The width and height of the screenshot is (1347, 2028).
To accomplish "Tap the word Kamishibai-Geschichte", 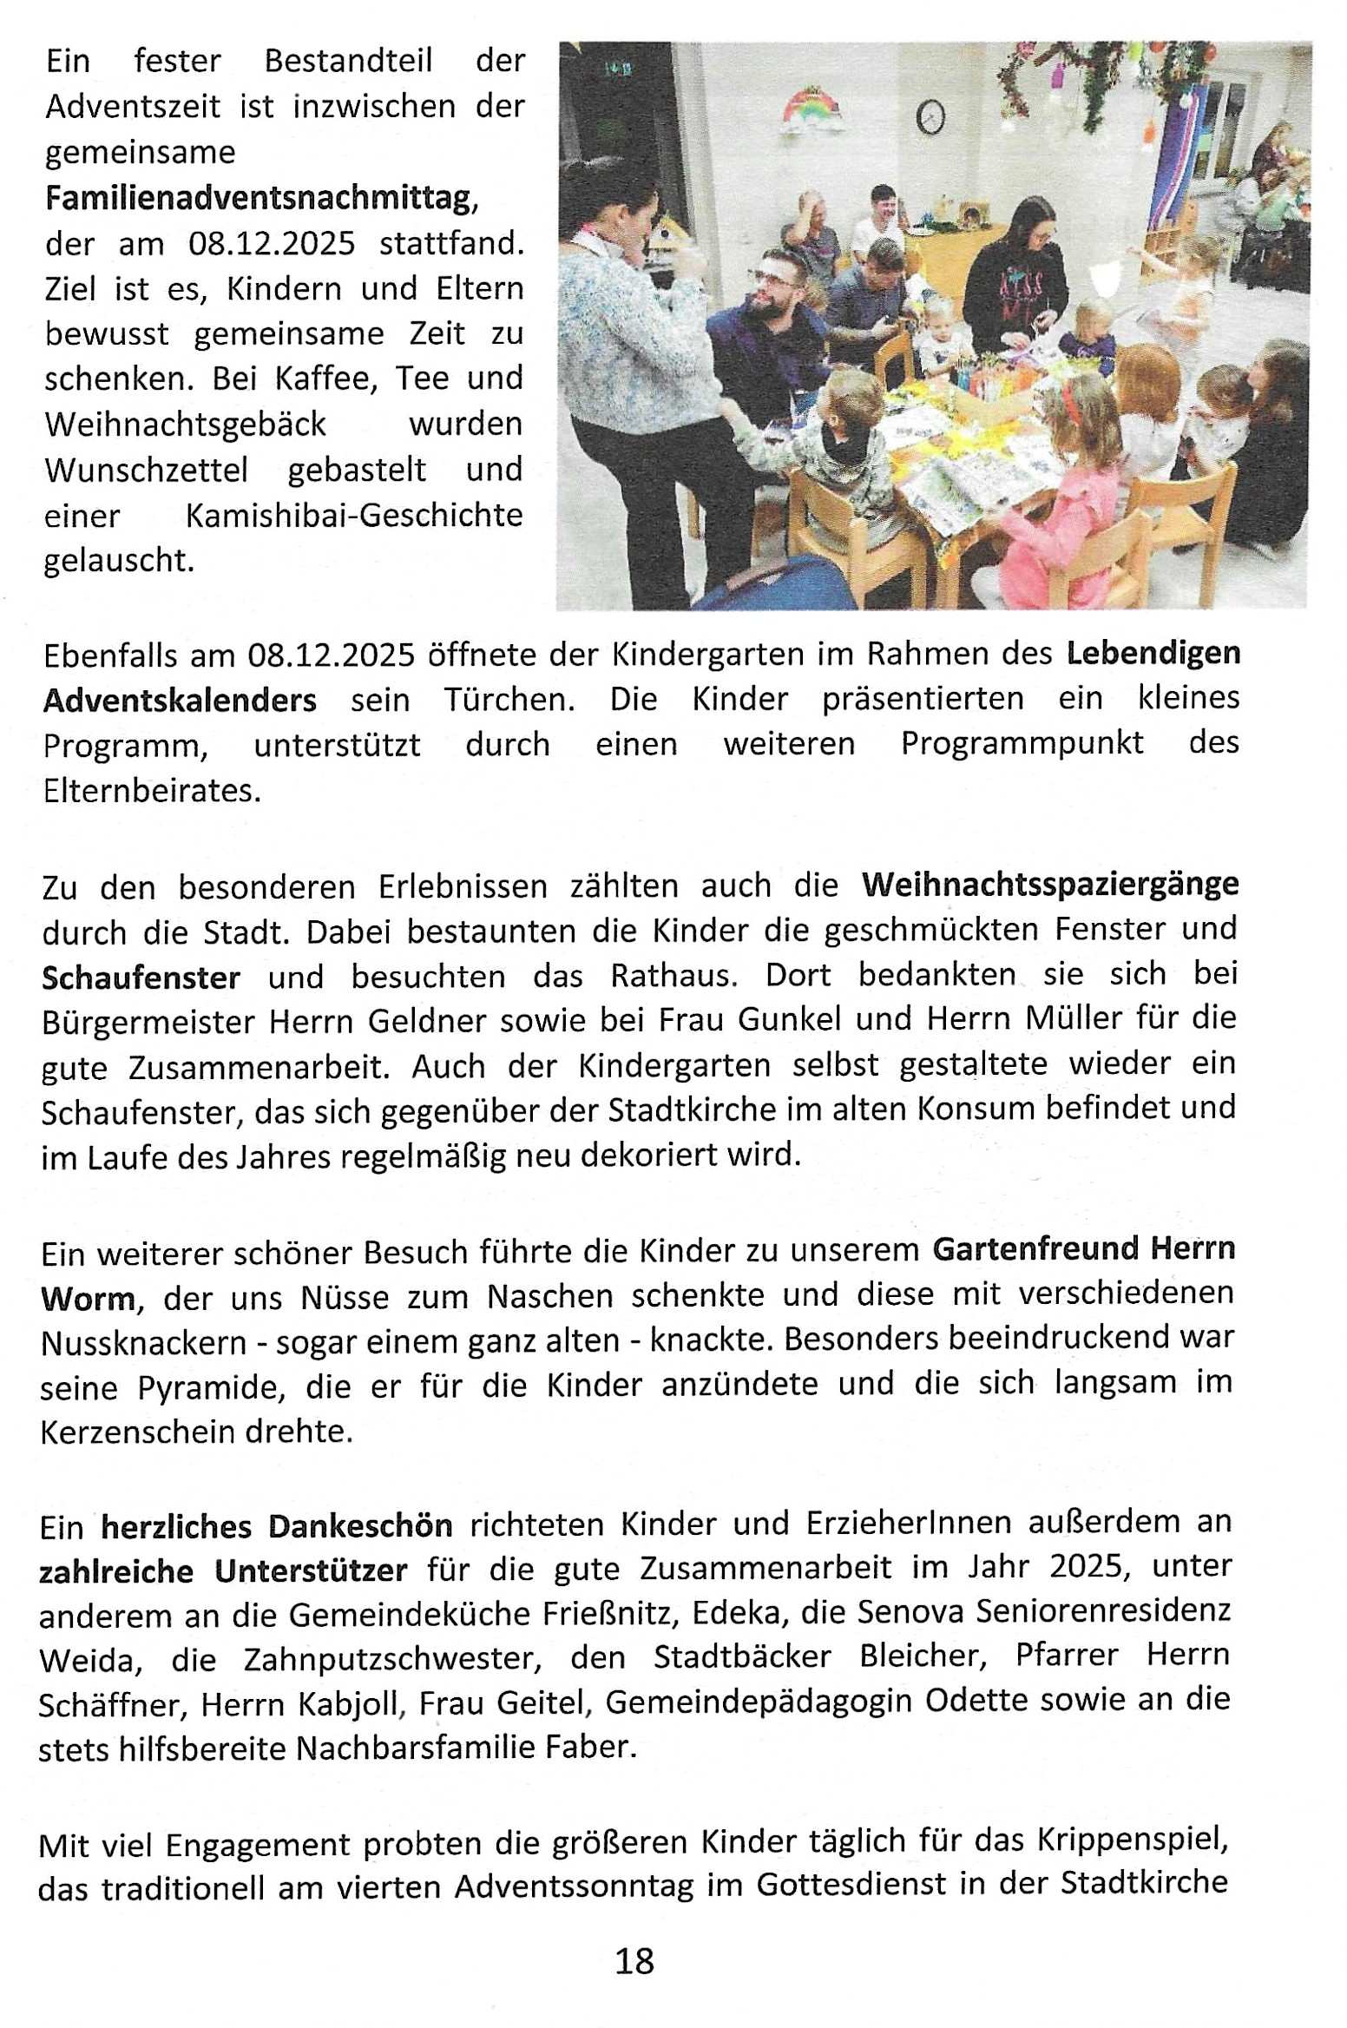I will [x=354, y=516].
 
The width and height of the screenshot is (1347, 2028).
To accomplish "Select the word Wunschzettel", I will [x=146, y=471].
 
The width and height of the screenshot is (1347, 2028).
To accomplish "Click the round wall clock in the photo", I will [x=930, y=117].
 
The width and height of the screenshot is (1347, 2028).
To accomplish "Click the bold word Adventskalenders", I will [x=180, y=700].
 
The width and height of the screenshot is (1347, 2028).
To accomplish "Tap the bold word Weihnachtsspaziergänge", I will [x=1050, y=885].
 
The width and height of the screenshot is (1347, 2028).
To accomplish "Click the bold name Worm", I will [x=88, y=1299].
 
